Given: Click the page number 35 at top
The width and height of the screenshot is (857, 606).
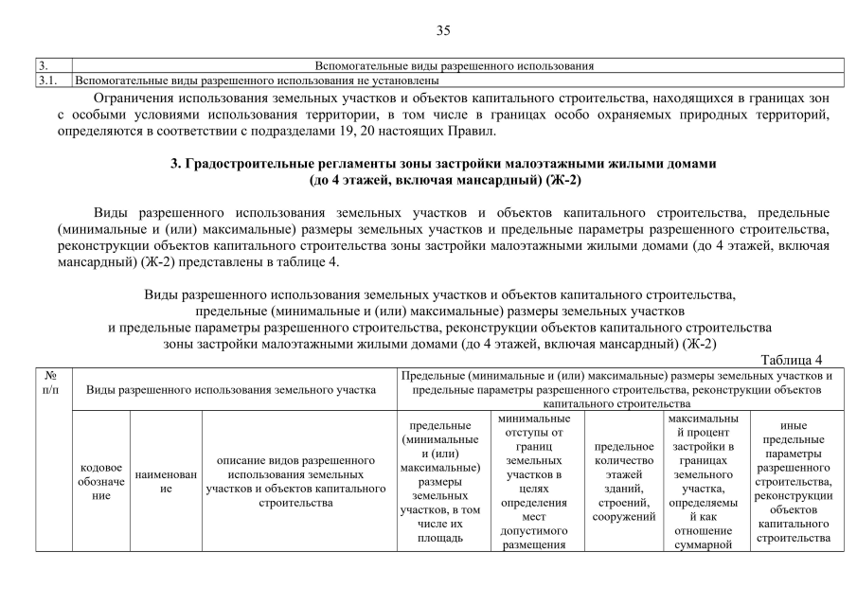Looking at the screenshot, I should pyautogui.click(x=443, y=30).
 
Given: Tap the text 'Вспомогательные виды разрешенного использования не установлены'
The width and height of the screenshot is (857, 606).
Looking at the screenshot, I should pyautogui.click(x=251, y=81).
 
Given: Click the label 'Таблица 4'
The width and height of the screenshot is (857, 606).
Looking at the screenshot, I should pyautogui.click(x=793, y=360).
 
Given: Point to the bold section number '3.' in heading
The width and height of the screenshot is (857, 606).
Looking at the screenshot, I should pyautogui.click(x=176, y=164).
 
